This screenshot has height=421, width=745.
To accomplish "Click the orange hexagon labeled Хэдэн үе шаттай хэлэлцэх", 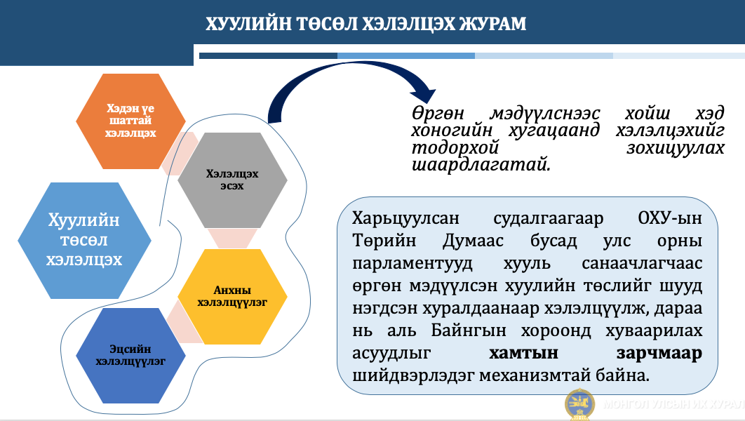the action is [x=130, y=121].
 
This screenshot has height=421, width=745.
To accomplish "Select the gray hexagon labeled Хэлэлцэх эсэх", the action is [x=232, y=180].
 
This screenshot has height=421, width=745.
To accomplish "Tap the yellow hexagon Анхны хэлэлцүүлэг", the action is [x=232, y=297].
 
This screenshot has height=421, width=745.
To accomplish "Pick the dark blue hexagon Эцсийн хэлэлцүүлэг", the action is [x=130, y=356].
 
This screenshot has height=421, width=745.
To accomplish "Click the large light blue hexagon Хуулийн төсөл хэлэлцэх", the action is [x=85, y=241].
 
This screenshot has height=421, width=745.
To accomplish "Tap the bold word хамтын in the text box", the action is [x=523, y=353].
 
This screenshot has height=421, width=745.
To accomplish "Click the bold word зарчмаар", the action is [x=659, y=354].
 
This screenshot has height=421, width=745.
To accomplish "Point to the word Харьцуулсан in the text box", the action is [x=405, y=219].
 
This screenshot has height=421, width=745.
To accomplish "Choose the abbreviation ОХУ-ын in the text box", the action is [x=670, y=218].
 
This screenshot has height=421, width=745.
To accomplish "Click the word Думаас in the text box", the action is [x=473, y=241].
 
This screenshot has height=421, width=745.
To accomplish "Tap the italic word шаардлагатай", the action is [x=481, y=165].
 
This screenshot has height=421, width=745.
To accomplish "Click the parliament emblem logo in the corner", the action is [x=579, y=404].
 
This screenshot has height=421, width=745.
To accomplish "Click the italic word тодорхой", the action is [x=455, y=148].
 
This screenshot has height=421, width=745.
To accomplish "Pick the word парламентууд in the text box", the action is [x=412, y=264].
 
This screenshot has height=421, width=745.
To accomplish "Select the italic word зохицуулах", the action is [x=675, y=148].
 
